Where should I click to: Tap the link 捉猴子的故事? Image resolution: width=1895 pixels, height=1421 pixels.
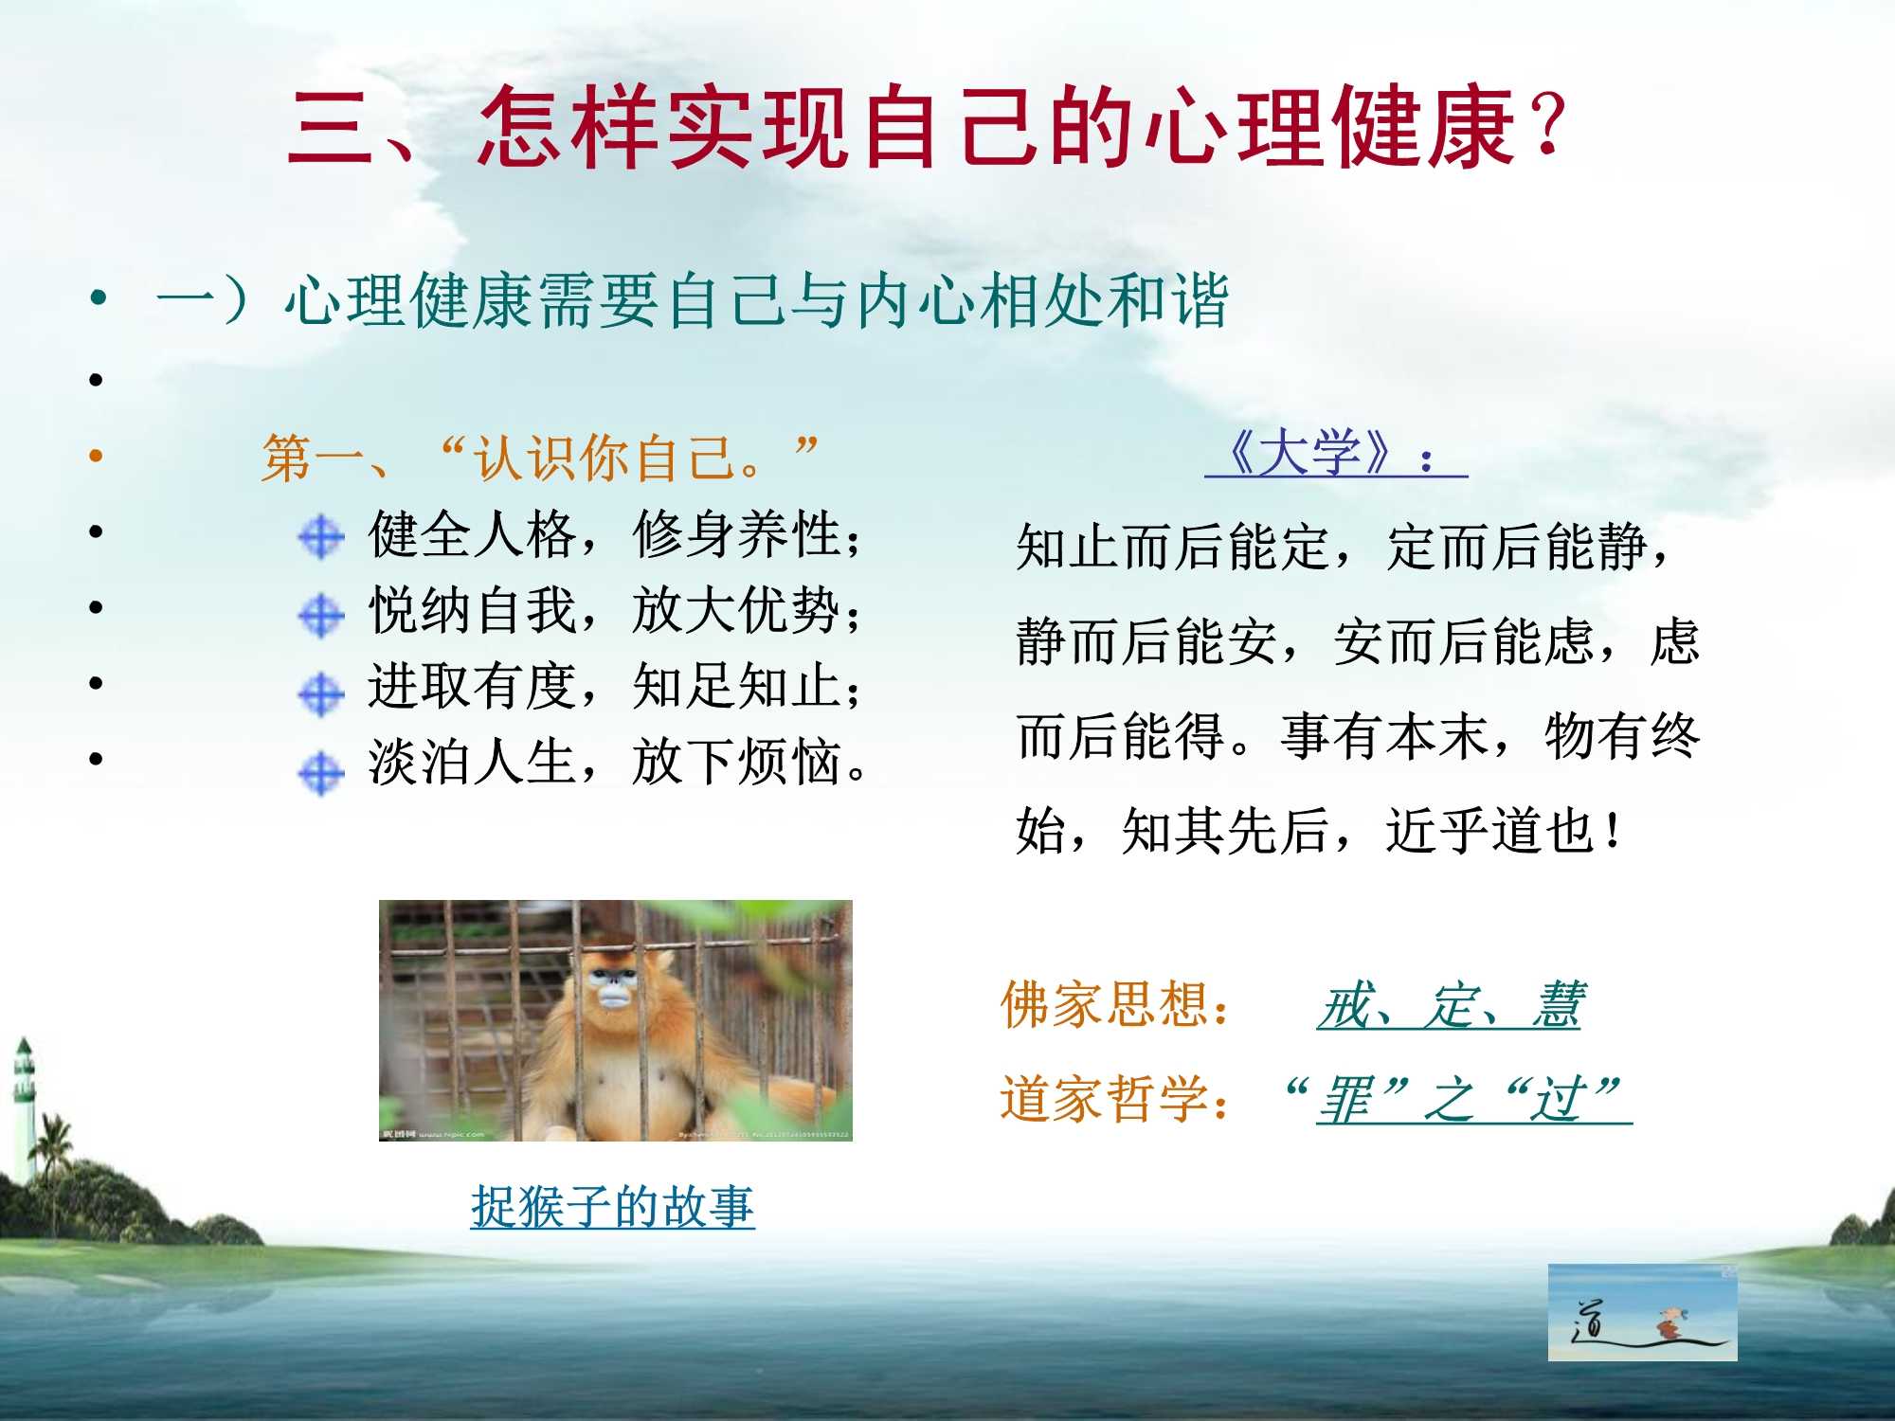(612, 1207)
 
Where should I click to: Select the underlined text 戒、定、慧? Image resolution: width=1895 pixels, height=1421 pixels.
(1450, 1005)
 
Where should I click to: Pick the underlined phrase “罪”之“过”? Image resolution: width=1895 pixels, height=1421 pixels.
(1464, 1100)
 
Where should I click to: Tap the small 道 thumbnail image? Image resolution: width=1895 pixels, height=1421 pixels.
(1642, 1312)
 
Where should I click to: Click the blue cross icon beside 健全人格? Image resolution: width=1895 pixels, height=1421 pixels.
(321, 537)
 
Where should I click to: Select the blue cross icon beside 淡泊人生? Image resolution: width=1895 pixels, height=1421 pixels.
(321, 773)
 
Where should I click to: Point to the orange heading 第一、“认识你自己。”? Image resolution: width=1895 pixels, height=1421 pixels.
(538, 458)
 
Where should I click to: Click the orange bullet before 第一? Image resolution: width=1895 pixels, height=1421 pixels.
(96, 457)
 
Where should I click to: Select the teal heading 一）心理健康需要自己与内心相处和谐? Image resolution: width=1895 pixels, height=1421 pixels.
(692, 301)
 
